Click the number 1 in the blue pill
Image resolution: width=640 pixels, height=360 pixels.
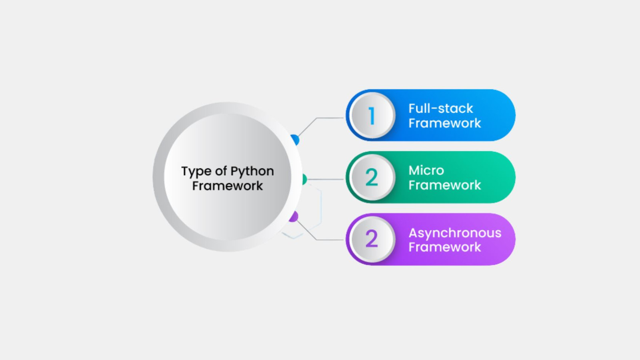coord(372,116)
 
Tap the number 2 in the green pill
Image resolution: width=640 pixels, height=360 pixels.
coord(372,178)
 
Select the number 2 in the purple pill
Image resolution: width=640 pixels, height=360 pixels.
coord(372,239)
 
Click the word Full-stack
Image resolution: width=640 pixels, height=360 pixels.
coord(440,108)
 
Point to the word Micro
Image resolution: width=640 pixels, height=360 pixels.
coord(426,170)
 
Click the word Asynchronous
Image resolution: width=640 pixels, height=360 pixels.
coord(455,233)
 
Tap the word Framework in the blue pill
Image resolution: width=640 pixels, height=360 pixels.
coord(444,123)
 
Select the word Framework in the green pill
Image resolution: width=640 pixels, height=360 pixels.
coord(444,185)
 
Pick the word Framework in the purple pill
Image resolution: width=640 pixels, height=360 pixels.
coord(444,247)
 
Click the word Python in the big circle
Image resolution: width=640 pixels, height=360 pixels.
coord(252,171)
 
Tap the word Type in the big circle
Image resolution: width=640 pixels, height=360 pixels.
coord(196,171)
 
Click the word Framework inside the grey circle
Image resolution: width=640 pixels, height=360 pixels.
coord(227,186)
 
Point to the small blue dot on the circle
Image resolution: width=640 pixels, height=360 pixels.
coord(296,140)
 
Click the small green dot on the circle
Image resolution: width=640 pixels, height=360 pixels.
coord(304,179)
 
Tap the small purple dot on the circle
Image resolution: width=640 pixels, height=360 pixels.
coord(294,217)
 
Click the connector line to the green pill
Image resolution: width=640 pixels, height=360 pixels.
coord(326,179)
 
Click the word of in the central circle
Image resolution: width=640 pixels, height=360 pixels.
coord(221,171)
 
